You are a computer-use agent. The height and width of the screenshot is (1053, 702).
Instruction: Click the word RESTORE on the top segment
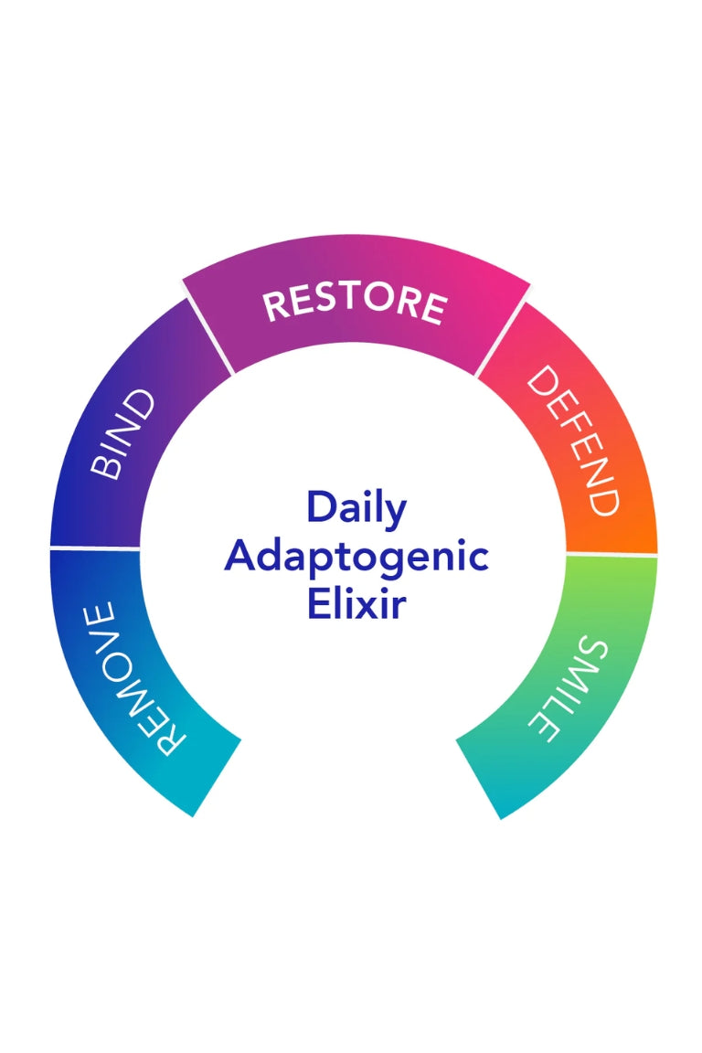pos(355,304)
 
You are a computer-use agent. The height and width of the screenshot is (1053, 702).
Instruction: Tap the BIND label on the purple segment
pos(122,434)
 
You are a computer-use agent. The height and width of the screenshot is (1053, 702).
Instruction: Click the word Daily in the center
pos(356,507)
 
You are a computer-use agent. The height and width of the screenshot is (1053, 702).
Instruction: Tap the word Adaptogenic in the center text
pos(356,556)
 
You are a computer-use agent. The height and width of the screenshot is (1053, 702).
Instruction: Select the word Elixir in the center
pos(356,604)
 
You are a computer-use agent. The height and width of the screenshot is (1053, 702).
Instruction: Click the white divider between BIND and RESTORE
pos(208,335)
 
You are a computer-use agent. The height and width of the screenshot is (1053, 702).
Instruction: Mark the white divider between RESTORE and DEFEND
pos(503,337)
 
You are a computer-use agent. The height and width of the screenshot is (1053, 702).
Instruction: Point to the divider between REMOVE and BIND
pos(95,548)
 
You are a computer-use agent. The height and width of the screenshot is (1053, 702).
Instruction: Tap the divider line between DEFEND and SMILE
pos(611,554)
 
